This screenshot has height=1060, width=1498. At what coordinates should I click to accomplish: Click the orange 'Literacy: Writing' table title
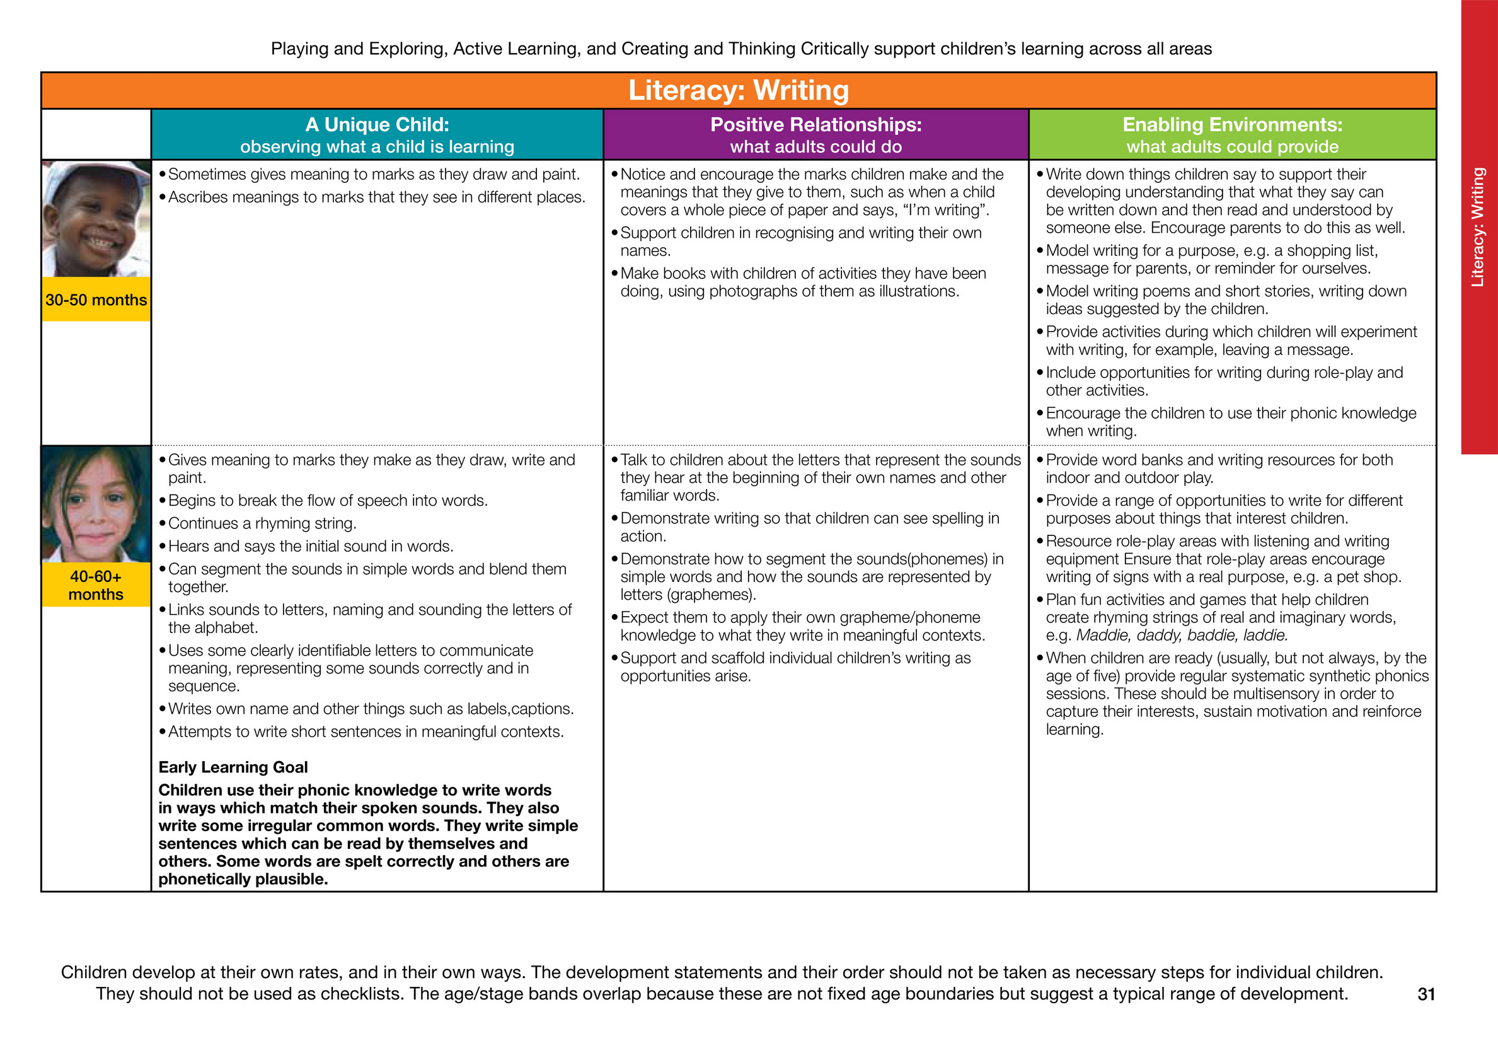point(738,90)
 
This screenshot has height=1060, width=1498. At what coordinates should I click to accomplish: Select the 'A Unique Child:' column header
point(376,125)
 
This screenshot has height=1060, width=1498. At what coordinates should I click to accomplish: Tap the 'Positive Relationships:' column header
point(815,125)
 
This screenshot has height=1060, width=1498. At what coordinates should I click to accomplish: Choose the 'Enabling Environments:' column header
point(1232,125)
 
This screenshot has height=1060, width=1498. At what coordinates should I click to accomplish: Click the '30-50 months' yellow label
point(96,300)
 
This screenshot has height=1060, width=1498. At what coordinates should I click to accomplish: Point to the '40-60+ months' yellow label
point(96,585)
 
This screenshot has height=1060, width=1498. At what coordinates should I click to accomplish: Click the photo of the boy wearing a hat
point(96,219)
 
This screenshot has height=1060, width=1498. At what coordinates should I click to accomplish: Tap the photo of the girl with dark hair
point(96,504)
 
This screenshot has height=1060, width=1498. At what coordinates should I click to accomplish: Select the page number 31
point(1426,993)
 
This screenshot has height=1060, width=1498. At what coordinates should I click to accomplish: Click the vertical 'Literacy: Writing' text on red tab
point(1477,227)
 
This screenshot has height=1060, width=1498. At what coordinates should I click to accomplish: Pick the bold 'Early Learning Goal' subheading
point(233,767)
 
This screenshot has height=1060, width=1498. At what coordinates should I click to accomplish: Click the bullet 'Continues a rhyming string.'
point(262,523)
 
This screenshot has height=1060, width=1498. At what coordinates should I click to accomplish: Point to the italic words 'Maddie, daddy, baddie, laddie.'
point(1182,635)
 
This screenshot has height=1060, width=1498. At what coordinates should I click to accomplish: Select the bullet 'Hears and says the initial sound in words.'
point(311,546)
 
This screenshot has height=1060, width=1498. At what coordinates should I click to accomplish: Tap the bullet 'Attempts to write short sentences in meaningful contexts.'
point(366,731)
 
